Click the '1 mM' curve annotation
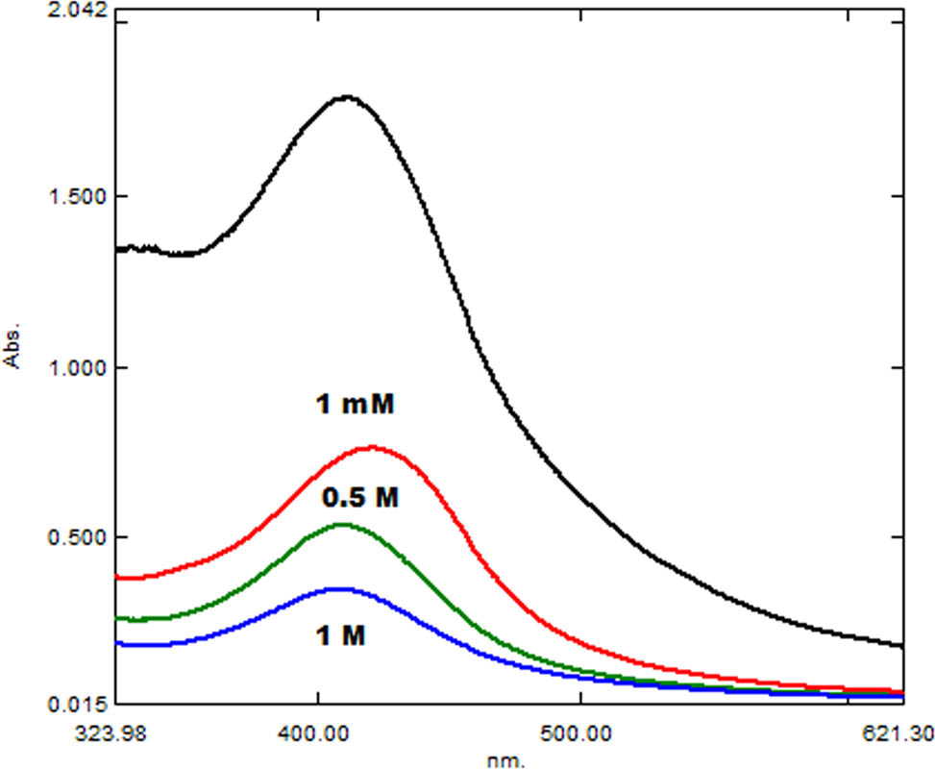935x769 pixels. [355, 405]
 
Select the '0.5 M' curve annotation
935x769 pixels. [359, 499]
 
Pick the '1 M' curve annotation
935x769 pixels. [341, 634]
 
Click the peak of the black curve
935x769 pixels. [346, 96]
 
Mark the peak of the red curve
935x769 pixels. [371, 447]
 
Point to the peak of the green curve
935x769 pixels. [343, 524]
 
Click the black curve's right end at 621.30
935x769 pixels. [902, 645]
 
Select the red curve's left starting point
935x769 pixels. [116, 578]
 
